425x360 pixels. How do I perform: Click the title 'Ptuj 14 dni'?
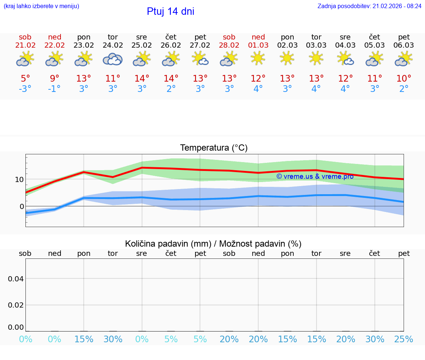pyautogui.click(x=170, y=11)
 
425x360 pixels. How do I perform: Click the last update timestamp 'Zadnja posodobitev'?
pyautogui.click(x=369, y=6)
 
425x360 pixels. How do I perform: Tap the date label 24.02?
pyautogui.click(x=113, y=45)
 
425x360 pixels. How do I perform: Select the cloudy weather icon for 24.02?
pyautogui.click(x=113, y=59)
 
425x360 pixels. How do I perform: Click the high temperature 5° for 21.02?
pyautogui.click(x=25, y=79)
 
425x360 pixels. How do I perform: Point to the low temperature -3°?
pyautogui.click(x=25, y=89)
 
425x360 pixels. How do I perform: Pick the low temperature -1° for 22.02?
pyautogui.click(x=54, y=89)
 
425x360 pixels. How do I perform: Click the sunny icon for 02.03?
pyautogui.click(x=287, y=58)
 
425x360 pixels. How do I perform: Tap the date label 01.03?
pyautogui.click(x=258, y=45)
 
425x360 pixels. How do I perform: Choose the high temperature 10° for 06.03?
pyautogui.click(x=404, y=79)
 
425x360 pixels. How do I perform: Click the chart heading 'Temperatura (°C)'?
pyautogui.click(x=214, y=148)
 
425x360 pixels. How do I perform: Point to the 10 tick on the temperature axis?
pyautogui.click(x=19, y=179)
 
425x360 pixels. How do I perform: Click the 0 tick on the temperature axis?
pyautogui.click(x=21, y=206)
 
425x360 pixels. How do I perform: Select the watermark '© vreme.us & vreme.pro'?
pyautogui.click(x=315, y=176)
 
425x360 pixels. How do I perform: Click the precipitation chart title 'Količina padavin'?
pyautogui.click(x=213, y=244)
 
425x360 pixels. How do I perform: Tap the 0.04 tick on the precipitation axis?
pyautogui.click(x=16, y=278)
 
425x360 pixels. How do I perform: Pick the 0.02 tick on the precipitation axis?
pyautogui.click(x=16, y=305)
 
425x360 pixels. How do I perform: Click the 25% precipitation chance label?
pyautogui.click(x=404, y=339)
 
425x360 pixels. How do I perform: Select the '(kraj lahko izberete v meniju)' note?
pyautogui.click(x=41, y=6)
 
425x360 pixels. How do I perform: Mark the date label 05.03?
pyautogui.click(x=374, y=45)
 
